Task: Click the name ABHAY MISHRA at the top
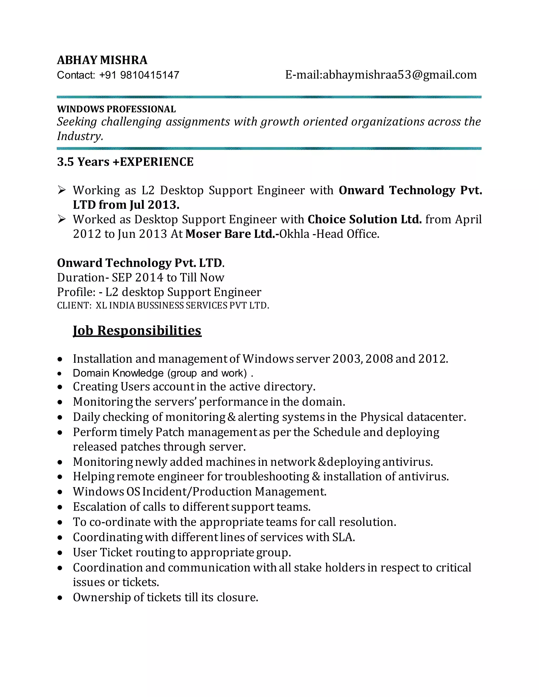[102, 60]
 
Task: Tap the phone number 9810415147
[149, 75]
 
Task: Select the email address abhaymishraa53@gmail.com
[400, 75]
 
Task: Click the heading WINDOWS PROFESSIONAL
[116, 109]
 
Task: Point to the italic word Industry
[80, 136]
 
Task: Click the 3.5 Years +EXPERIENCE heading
[125, 162]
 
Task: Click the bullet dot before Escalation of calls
[60, 507]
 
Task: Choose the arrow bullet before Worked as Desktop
[62, 219]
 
